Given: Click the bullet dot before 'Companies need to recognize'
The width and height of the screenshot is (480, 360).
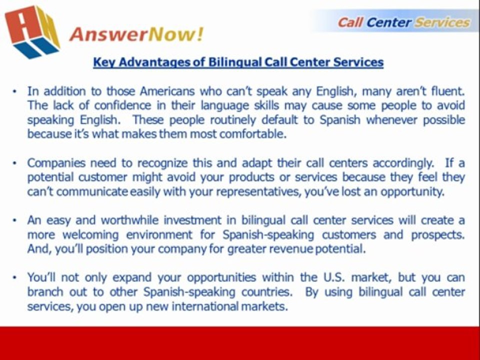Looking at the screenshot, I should [x=15, y=163].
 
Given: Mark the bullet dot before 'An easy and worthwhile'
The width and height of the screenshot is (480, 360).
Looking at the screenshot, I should [x=15, y=220].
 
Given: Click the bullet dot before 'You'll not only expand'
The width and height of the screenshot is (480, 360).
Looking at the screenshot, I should [x=15, y=277].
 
